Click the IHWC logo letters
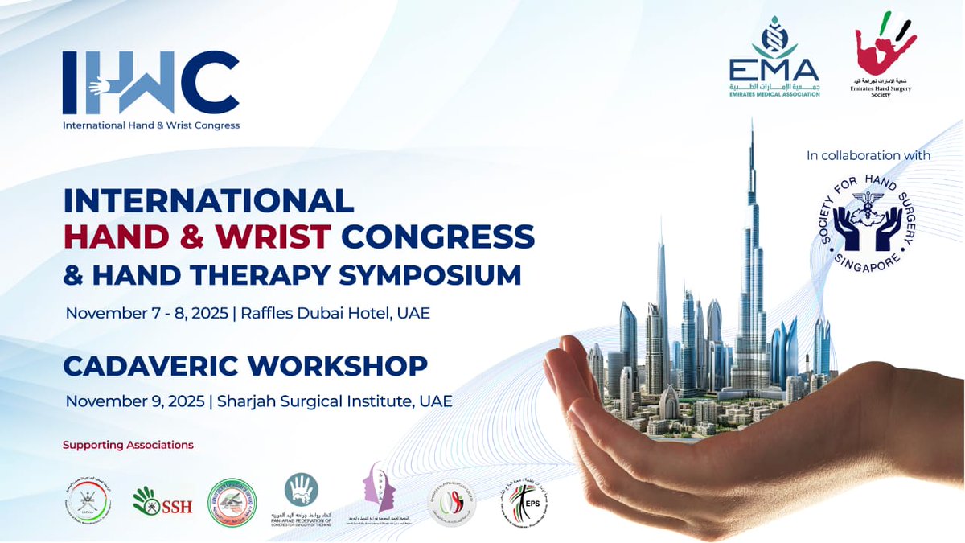150,83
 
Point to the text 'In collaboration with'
868,155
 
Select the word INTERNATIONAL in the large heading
208,200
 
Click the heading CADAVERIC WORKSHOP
245,366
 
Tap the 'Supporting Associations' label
128,445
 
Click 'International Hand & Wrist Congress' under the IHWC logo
151,125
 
